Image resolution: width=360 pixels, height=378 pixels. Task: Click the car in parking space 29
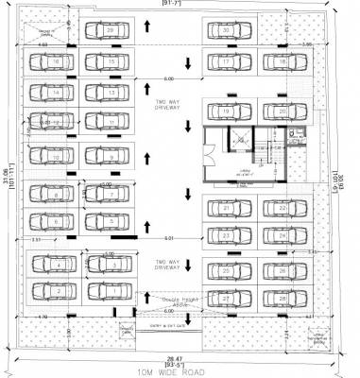pos(111,31)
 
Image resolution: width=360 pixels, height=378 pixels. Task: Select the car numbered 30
pos(227,31)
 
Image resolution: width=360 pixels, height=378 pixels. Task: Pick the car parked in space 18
pos(282,62)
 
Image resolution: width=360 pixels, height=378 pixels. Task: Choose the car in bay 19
pos(227,112)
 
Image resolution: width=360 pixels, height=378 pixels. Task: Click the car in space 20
pos(282,112)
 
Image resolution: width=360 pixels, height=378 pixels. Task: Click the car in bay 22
pos(282,206)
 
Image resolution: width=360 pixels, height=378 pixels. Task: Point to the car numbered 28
pos(282,299)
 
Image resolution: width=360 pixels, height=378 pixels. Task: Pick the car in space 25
pos(227,272)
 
